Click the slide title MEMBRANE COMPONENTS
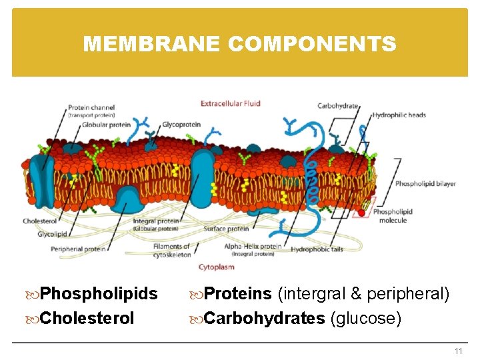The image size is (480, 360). pyautogui.click(x=239, y=44)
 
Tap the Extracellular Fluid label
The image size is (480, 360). pyautogui.click(x=231, y=103)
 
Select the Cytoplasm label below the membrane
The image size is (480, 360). pyautogui.click(x=216, y=267)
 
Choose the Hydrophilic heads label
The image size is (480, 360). pyautogui.click(x=399, y=115)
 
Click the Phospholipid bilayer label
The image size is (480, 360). pyautogui.click(x=425, y=184)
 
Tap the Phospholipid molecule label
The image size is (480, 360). pyautogui.click(x=393, y=216)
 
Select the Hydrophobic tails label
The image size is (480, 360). pyautogui.click(x=317, y=248)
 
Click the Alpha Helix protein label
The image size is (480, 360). pyautogui.click(x=253, y=246)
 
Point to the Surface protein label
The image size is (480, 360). pyautogui.click(x=226, y=229)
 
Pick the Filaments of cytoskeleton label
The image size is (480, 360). pyautogui.click(x=171, y=250)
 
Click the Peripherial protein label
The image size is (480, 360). pyautogui.click(x=78, y=249)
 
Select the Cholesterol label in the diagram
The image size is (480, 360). pyautogui.click(x=39, y=221)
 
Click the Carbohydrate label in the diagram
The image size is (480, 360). pyautogui.click(x=337, y=105)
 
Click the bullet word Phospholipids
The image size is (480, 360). pyautogui.click(x=99, y=294)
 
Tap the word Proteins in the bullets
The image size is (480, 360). pyautogui.click(x=237, y=294)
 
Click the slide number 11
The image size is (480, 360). pyautogui.click(x=458, y=351)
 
